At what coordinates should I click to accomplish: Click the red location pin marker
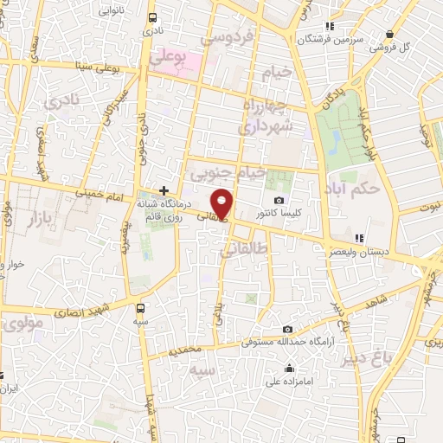pyautogui.click(x=222, y=204)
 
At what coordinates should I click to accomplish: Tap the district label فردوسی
pyautogui.click(x=226, y=37)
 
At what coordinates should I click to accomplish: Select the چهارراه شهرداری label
pyautogui.click(x=268, y=118)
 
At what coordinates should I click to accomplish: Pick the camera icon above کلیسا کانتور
pyautogui.click(x=279, y=201)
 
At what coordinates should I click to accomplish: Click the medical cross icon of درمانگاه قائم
pyautogui.click(x=164, y=190)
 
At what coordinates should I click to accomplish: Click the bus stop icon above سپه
pyautogui.click(x=141, y=306)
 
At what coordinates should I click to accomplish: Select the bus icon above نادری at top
pyautogui.click(x=153, y=17)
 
